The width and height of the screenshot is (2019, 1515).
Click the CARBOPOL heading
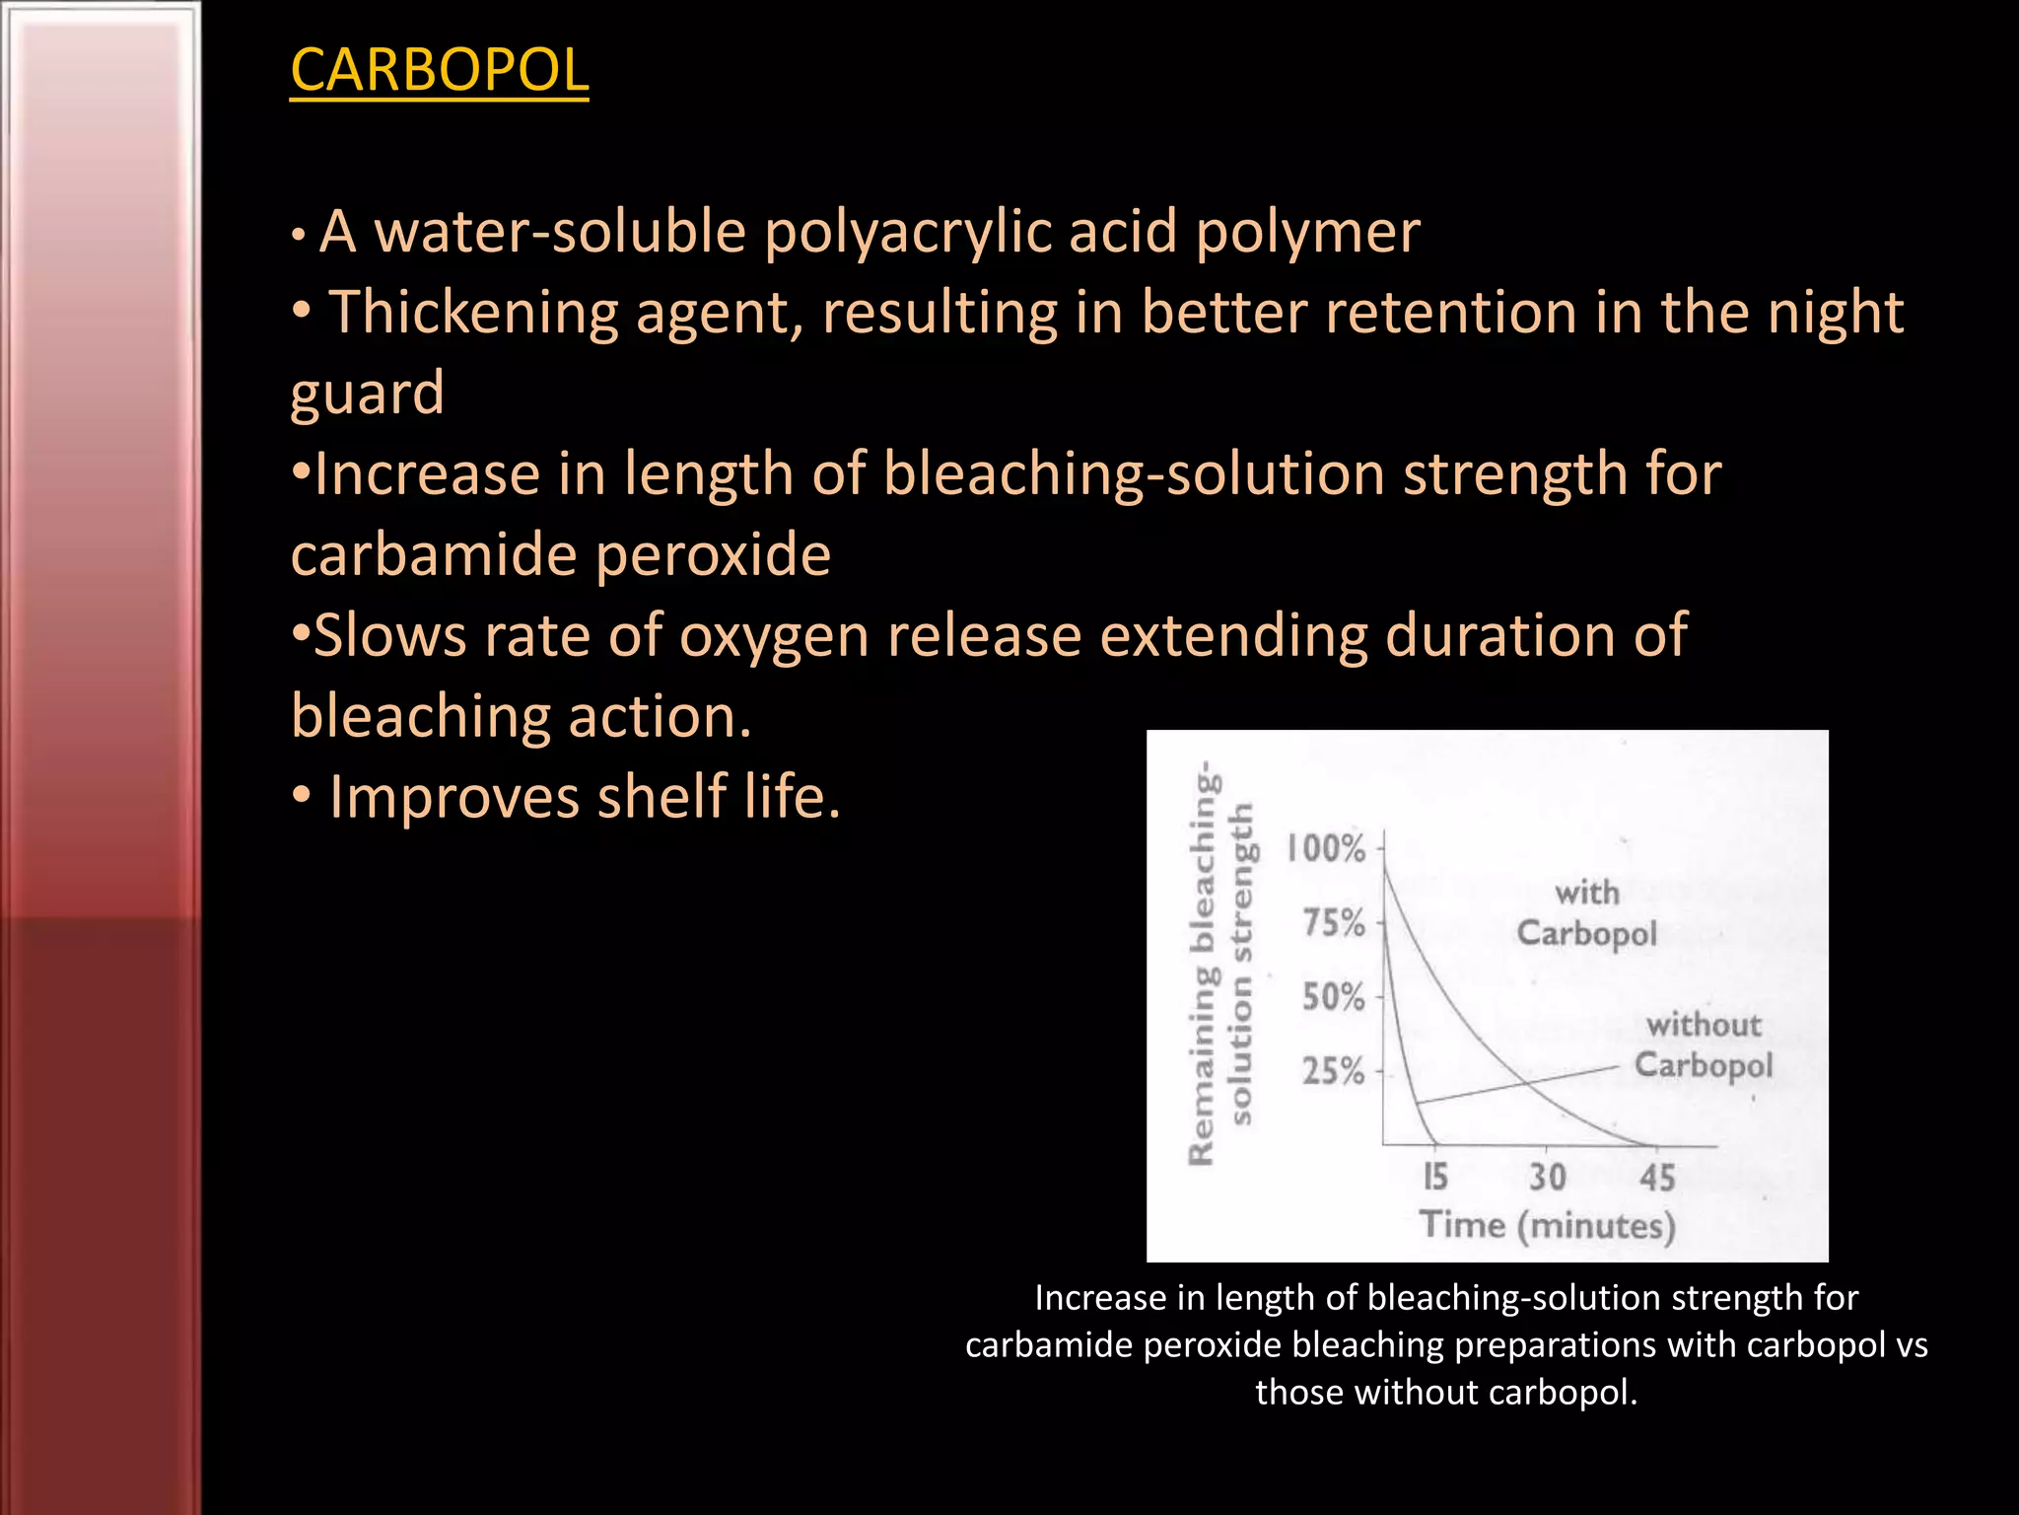point(440,70)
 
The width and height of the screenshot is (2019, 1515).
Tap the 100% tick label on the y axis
point(1326,847)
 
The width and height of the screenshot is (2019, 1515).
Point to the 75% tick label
point(1334,923)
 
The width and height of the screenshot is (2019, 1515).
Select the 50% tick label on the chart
point(1334,997)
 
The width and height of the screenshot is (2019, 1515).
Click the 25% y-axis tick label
point(1334,1071)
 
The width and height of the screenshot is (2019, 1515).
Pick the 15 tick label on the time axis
point(1435,1177)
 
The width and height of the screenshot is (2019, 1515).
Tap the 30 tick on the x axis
point(1547,1177)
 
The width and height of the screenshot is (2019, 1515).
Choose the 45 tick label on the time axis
point(1657,1177)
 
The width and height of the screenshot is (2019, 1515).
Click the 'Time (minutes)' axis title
point(1548,1226)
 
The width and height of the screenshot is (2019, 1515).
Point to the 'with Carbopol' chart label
point(1587,913)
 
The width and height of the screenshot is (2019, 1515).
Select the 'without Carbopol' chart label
point(1704,1046)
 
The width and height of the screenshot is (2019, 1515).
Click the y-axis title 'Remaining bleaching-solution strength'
point(1221,965)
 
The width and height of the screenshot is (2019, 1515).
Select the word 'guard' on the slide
point(367,394)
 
